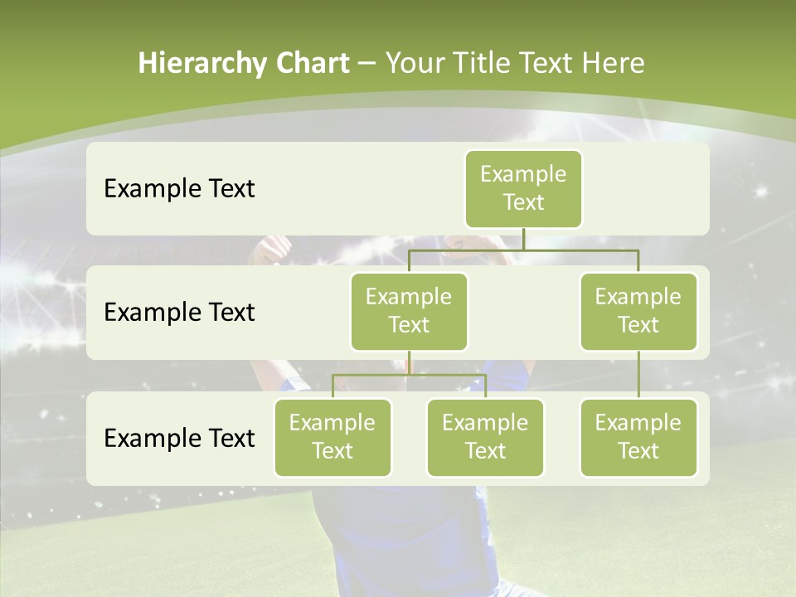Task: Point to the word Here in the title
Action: point(612,63)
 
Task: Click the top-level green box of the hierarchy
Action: point(523,189)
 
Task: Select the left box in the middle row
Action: point(409,311)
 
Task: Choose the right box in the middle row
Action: point(638,311)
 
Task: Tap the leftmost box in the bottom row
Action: point(332,437)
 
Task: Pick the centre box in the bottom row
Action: point(485,437)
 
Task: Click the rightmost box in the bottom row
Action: point(638,437)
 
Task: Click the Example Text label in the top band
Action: point(179,189)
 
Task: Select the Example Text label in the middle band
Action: point(179,313)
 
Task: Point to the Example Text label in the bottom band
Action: point(179,439)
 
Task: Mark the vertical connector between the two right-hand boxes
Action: point(638,375)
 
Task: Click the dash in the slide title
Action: point(367,64)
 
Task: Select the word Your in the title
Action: point(412,63)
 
